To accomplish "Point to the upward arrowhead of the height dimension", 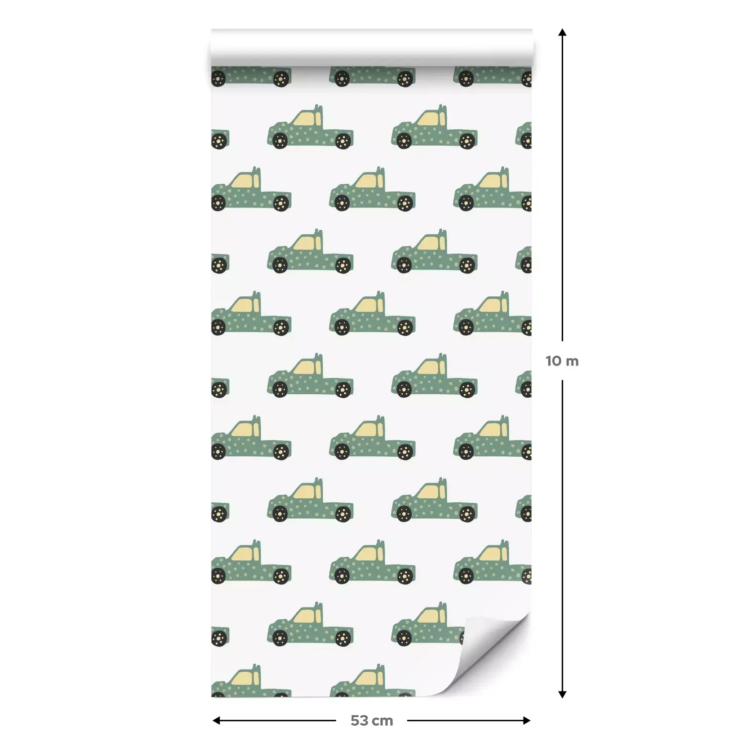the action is (x=562, y=33).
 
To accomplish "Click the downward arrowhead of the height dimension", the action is (x=562, y=693).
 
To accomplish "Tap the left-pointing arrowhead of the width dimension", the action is (x=216, y=721).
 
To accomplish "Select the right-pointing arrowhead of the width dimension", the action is (x=527, y=721).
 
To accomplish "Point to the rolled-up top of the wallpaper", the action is (x=371, y=48).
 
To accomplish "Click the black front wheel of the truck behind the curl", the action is (x=404, y=638).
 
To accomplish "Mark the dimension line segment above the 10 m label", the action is (x=562, y=188).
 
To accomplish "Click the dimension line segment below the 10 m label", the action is (x=562, y=535).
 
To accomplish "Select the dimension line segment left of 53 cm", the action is (x=277, y=721).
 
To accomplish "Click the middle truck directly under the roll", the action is (x=372, y=76).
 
